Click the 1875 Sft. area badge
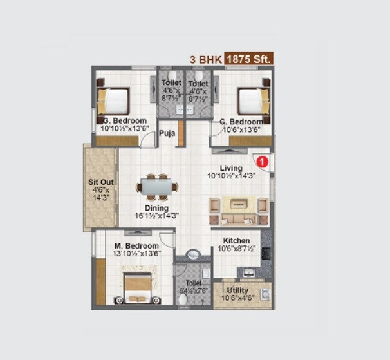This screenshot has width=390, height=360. (x=248, y=58)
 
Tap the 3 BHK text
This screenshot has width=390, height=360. (x=205, y=59)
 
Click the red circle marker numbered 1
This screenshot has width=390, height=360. (x=261, y=161)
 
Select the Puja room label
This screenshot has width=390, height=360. (x=167, y=134)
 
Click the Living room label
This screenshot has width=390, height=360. (x=231, y=168)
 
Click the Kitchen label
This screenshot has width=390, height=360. (x=236, y=241)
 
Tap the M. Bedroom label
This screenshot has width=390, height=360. (x=136, y=246)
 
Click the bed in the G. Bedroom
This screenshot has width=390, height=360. (x=113, y=101)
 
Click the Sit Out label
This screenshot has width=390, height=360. (x=101, y=182)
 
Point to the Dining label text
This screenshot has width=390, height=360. (x=156, y=208)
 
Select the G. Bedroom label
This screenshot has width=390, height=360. (x=124, y=120)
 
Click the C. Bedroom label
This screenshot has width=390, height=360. (x=241, y=122)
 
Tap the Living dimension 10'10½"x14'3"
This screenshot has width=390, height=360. (x=231, y=176)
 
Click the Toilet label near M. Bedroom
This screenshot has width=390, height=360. (x=194, y=283)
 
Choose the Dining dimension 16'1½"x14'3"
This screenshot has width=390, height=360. (x=156, y=216)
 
